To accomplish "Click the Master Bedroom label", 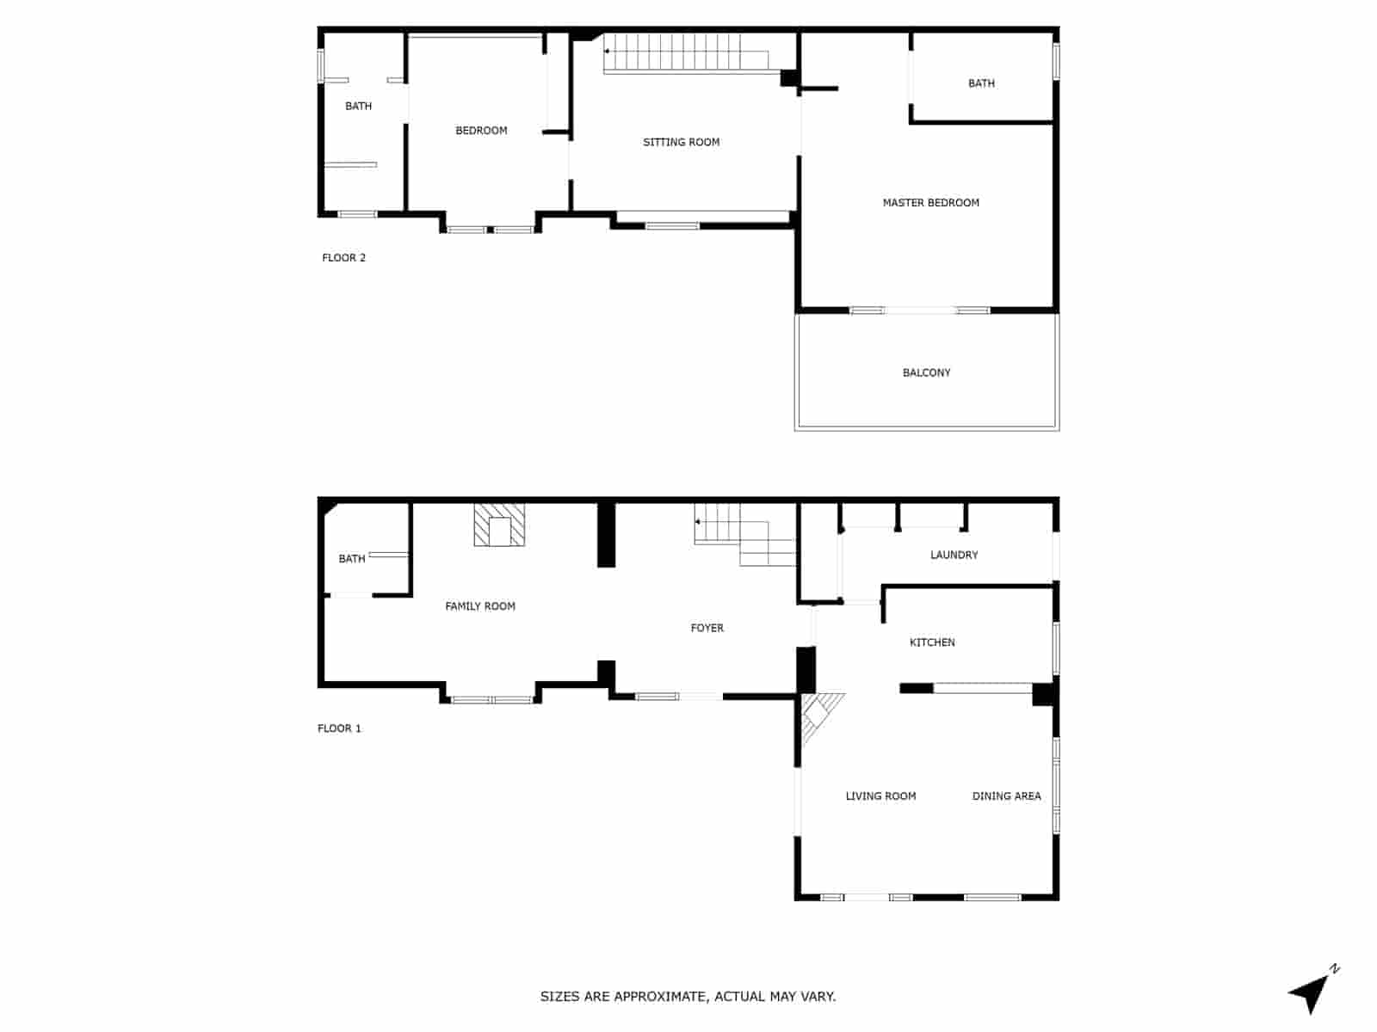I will [930, 203].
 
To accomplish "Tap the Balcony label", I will [926, 372].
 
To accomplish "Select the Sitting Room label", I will [681, 142].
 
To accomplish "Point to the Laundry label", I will [954, 555].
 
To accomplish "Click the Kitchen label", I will [932, 642].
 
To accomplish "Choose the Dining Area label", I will [1006, 796].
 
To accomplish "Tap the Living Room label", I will [880, 796].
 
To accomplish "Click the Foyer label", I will [707, 628].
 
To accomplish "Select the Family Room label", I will [479, 606].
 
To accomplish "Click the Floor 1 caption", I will [339, 728].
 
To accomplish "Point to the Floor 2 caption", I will [343, 258].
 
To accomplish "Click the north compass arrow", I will [1311, 993].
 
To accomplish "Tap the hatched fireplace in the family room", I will [499, 525].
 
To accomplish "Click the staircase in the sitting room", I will [686, 53].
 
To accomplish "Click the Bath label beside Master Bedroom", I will [981, 83].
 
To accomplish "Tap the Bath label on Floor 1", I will [351, 559].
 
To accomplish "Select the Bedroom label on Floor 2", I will [481, 131].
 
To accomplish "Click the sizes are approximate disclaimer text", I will [688, 997].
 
